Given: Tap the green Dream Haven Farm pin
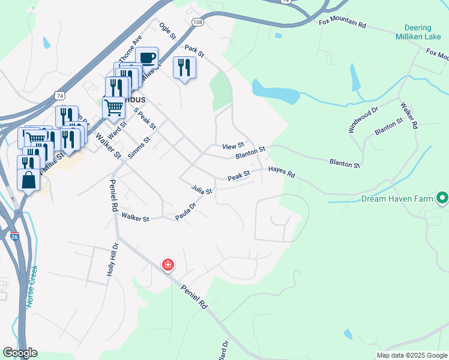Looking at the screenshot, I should click(443, 197).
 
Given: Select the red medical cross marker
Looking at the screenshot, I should click(168, 264).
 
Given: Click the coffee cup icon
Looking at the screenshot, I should click(147, 58).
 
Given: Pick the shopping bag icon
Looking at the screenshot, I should click(28, 179).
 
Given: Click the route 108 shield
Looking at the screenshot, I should click(197, 22).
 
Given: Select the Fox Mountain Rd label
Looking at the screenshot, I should click(342, 23).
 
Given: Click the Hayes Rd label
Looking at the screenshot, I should click(282, 172).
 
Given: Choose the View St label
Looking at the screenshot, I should click(233, 146).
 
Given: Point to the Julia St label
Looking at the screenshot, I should click(202, 190).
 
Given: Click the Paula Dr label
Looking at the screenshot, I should click(186, 212).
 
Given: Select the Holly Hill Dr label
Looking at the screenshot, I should click(112, 259).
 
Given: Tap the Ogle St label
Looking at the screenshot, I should click(167, 31).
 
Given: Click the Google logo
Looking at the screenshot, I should click(20, 353).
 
